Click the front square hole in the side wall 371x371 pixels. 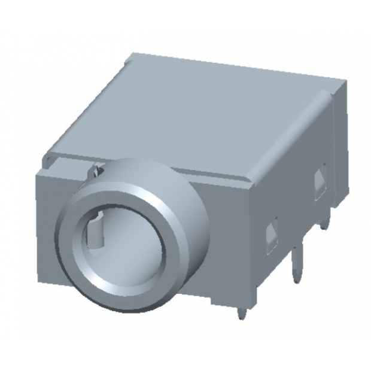pyautogui.click(x=271, y=234)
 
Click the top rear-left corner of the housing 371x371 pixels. pyautogui.click(x=129, y=56)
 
